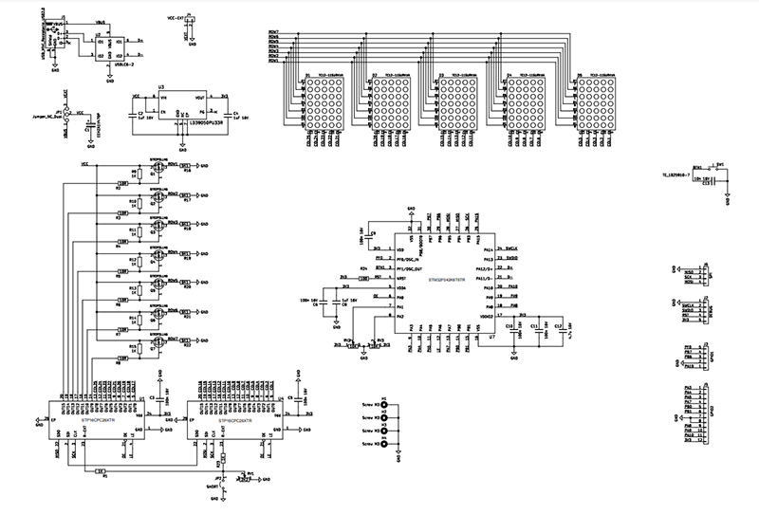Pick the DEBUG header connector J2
703,308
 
